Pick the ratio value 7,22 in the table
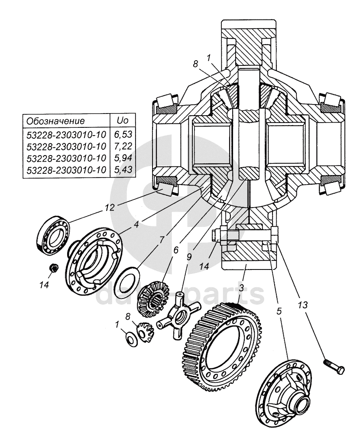coord(121,148)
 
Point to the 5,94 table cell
coord(121,159)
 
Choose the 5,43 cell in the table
coord(121,170)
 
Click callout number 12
coord(110,207)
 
